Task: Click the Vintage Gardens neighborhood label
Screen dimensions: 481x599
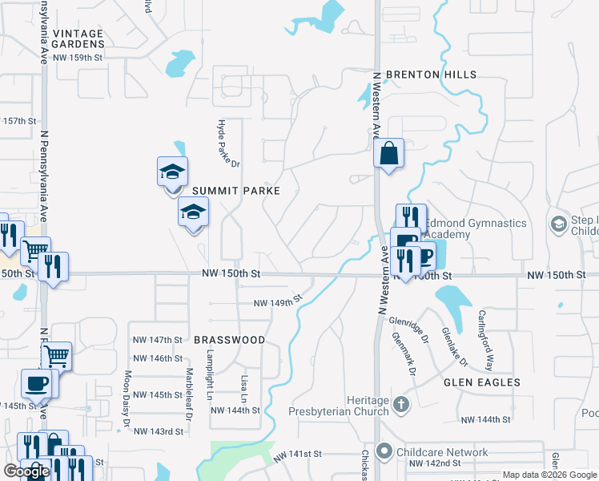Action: (x=78, y=39)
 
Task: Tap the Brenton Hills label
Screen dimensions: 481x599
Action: (x=431, y=75)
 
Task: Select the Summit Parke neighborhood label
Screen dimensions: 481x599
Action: (x=235, y=191)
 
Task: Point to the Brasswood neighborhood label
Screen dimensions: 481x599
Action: (x=229, y=340)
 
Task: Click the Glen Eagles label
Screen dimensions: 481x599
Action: (x=482, y=383)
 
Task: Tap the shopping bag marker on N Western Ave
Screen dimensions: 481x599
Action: (x=388, y=152)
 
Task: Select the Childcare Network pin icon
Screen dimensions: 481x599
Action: (x=386, y=452)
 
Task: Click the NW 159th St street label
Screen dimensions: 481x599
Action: (x=78, y=58)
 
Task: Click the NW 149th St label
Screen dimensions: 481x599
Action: (x=277, y=302)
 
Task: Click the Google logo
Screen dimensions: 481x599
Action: (x=26, y=472)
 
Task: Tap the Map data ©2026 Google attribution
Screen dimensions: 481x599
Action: (x=549, y=475)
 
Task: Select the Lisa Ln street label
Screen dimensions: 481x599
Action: (x=243, y=387)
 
